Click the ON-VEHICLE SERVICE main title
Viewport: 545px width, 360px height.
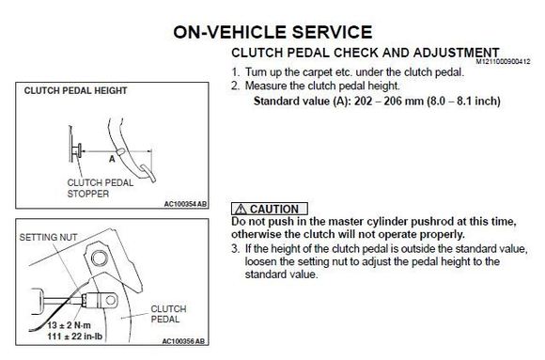click(272, 32)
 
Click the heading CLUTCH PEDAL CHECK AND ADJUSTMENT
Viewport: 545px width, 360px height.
click(366, 53)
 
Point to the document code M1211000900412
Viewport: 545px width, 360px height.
click(503, 62)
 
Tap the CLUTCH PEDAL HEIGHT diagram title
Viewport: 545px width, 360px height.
click(75, 91)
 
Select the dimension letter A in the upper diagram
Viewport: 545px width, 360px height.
click(112, 159)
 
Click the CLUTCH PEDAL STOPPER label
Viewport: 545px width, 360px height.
click(101, 188)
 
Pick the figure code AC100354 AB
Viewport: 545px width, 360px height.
click(185, 204)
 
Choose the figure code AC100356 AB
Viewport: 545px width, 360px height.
click(183, 341)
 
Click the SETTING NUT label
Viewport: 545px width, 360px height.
click(48, 237)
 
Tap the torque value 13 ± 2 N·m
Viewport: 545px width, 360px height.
click(69, 325)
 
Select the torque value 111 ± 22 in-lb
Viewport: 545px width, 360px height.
click(75, 337)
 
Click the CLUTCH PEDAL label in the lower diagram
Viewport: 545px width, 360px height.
click(168, 314)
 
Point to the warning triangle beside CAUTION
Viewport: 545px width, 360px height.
click(241, 210)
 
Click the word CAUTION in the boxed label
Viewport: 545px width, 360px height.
click(274, 210)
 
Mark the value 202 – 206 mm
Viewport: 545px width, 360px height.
click(389, 102)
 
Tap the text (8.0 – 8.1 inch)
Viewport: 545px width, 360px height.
click(463, 102)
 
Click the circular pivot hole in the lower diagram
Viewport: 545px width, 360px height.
click(99, 258)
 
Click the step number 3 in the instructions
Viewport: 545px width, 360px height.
click(235, 249)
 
